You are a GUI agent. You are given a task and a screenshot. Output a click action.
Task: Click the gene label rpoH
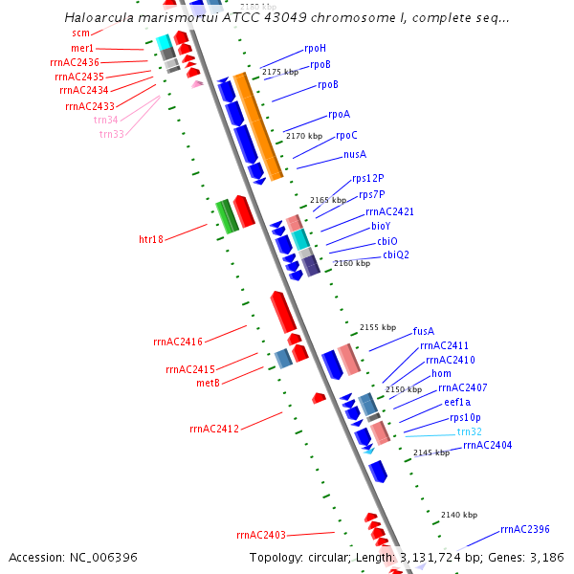click(x=315, y=48)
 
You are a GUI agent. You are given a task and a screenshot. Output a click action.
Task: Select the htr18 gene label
click(x=151, y=239)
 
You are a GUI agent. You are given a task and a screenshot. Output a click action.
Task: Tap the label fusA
click(x=424, y=331)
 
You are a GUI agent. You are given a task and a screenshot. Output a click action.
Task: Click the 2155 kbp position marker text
click(x=376, y=327)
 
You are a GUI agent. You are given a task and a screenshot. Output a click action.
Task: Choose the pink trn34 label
click(x=106, y=120)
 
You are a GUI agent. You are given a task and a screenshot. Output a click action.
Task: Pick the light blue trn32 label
click(x=470, y=431)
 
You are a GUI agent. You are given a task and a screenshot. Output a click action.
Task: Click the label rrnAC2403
click(x=261, y=535)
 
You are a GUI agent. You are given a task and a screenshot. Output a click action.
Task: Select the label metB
click(x=208, y=383)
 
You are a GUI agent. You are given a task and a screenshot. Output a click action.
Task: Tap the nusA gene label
click(x=355, y=154)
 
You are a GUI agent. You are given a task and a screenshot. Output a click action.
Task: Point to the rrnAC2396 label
click(x=525, y=529)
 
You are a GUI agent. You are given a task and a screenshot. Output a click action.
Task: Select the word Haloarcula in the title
click(x=100, y=18)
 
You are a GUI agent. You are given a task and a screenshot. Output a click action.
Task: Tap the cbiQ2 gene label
click(x=396, y=254)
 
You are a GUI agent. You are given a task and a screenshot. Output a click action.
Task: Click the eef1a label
click(x=457, y=403)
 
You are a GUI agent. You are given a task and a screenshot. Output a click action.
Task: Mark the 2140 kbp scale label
click(x=459, y=515)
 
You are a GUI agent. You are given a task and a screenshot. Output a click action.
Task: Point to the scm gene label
click(x=80, y=33)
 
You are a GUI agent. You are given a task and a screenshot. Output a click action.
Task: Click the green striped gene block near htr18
click(x=227, y=215)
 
